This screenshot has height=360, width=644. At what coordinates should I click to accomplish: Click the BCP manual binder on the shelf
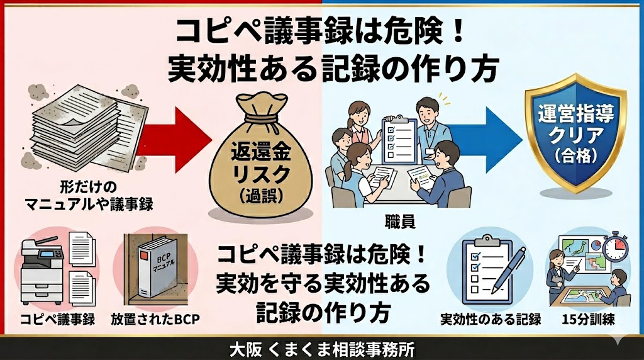tap(153, 271)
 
